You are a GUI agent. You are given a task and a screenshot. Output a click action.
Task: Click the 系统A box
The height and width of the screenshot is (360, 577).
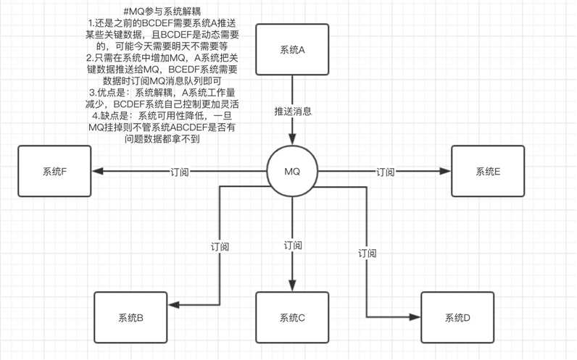(292, 50)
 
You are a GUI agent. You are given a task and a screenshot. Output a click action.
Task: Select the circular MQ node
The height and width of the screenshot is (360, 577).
(292, 172)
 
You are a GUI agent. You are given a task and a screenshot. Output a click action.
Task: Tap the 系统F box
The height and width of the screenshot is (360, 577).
(54, 172)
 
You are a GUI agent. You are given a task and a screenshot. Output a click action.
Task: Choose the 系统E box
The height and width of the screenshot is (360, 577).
(487, 172)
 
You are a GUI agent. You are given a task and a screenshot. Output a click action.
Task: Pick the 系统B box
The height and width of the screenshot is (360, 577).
(130, 317)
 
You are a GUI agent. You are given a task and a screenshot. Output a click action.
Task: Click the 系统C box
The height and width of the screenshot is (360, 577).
(292, 317)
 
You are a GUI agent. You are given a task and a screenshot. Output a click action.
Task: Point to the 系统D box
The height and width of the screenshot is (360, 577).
(457, 317)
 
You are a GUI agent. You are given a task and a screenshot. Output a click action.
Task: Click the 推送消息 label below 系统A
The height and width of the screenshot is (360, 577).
(293, 112)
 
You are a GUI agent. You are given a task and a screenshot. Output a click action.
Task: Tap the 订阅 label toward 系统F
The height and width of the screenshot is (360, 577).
(180, 172)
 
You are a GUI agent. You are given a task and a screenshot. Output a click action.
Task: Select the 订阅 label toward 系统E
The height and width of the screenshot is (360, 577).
(386, 172)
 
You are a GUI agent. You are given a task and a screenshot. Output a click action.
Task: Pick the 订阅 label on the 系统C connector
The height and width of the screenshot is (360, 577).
(293, 246)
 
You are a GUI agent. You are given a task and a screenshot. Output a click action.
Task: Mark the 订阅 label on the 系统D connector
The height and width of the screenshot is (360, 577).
(368, 254)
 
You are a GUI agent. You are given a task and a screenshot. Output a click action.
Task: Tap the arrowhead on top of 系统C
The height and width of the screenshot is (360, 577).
(292, 285)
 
